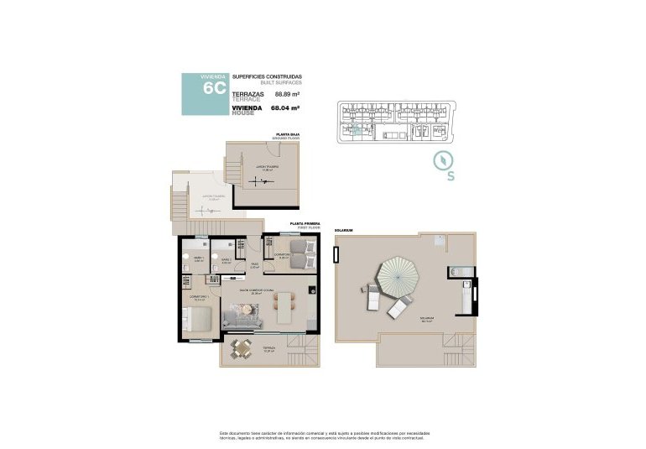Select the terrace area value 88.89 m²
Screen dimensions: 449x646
(x=288, y=95)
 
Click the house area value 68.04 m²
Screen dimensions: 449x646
(x=288, y=108)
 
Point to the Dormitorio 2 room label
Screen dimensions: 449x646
(x=283, y=255)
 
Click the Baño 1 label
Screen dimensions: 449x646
(x=200, y=259)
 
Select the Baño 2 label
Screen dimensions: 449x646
(x=226, y=261)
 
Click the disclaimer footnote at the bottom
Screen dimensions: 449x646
(x=322, y=435)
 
